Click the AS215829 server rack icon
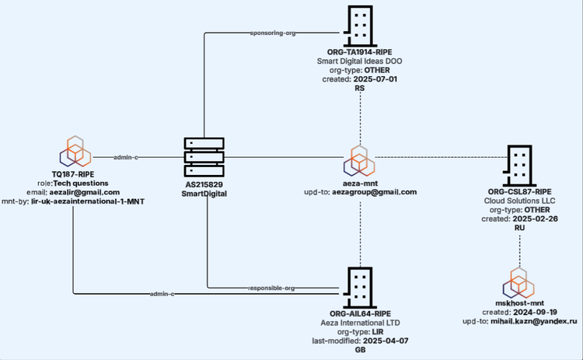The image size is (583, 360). (204, 158)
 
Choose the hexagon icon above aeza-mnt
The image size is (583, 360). (359, 159)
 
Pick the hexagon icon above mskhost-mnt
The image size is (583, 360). (519, 281)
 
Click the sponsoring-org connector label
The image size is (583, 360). (274, 33)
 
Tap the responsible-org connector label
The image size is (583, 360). (272, 288)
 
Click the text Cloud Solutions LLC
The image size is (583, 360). (519, 200)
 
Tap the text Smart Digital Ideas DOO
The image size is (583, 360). (359, 61)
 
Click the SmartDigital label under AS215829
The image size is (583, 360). (204, 194)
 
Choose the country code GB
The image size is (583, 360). (360, 350)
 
